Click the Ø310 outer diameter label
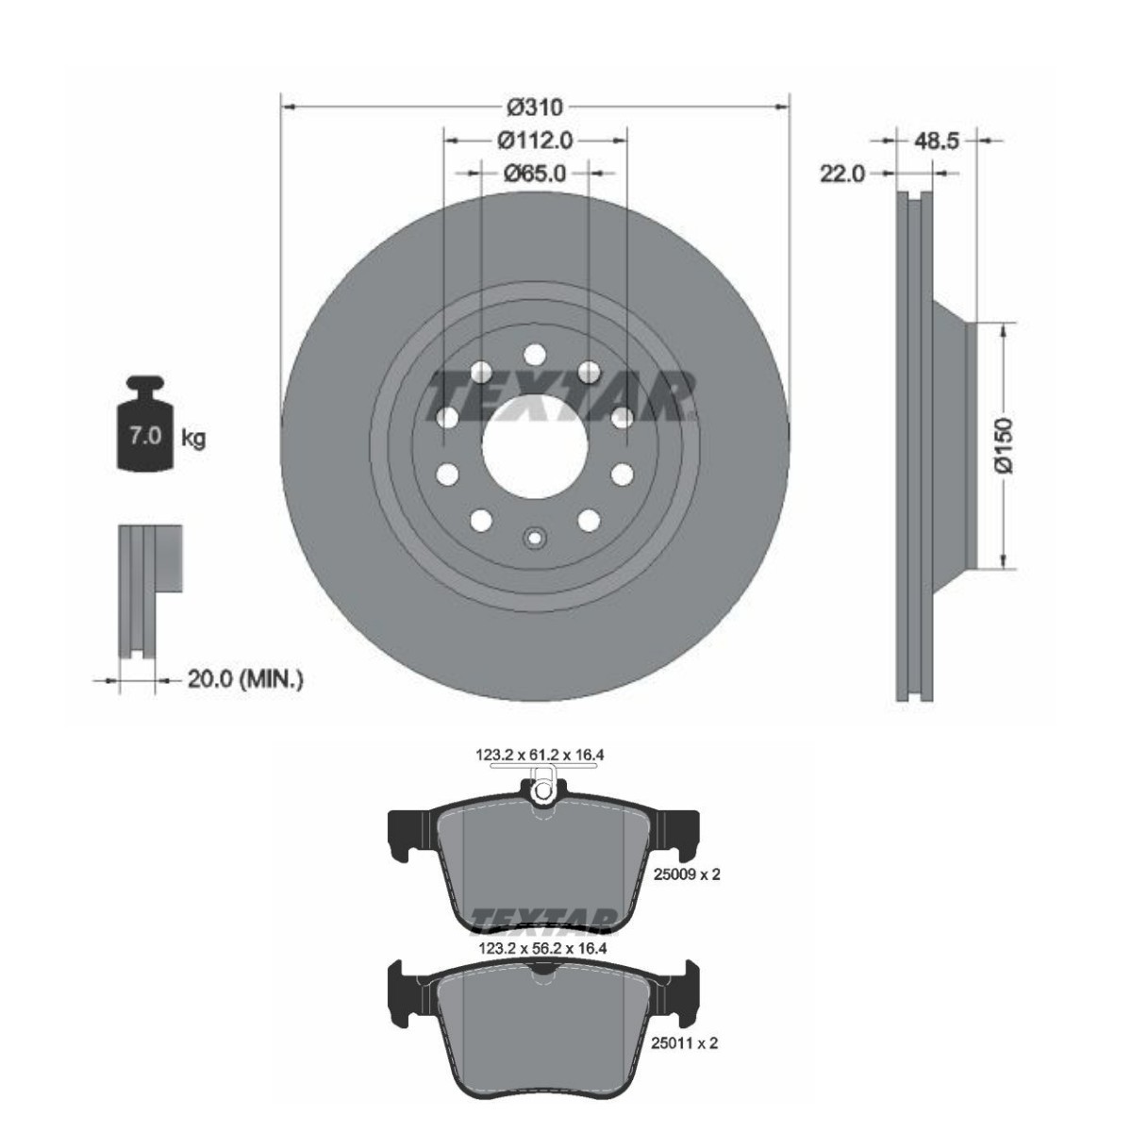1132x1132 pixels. click(x=535, y=108)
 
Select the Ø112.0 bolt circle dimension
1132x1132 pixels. click(x=535, y=141)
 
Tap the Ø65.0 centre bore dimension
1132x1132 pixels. click(x=535, y=174)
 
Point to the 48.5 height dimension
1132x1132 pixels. click(x=937, y=141)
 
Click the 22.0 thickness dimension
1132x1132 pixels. click(x=842, y=174)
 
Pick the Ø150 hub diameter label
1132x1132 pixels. click(x=1004, y=445)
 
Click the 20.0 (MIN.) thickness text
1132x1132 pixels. click(x=245, y=679)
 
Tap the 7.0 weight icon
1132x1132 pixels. click(x=144, y=424)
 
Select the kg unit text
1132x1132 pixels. click(x=193, y=438)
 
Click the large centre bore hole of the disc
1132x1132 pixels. click(x=535, y=446)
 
